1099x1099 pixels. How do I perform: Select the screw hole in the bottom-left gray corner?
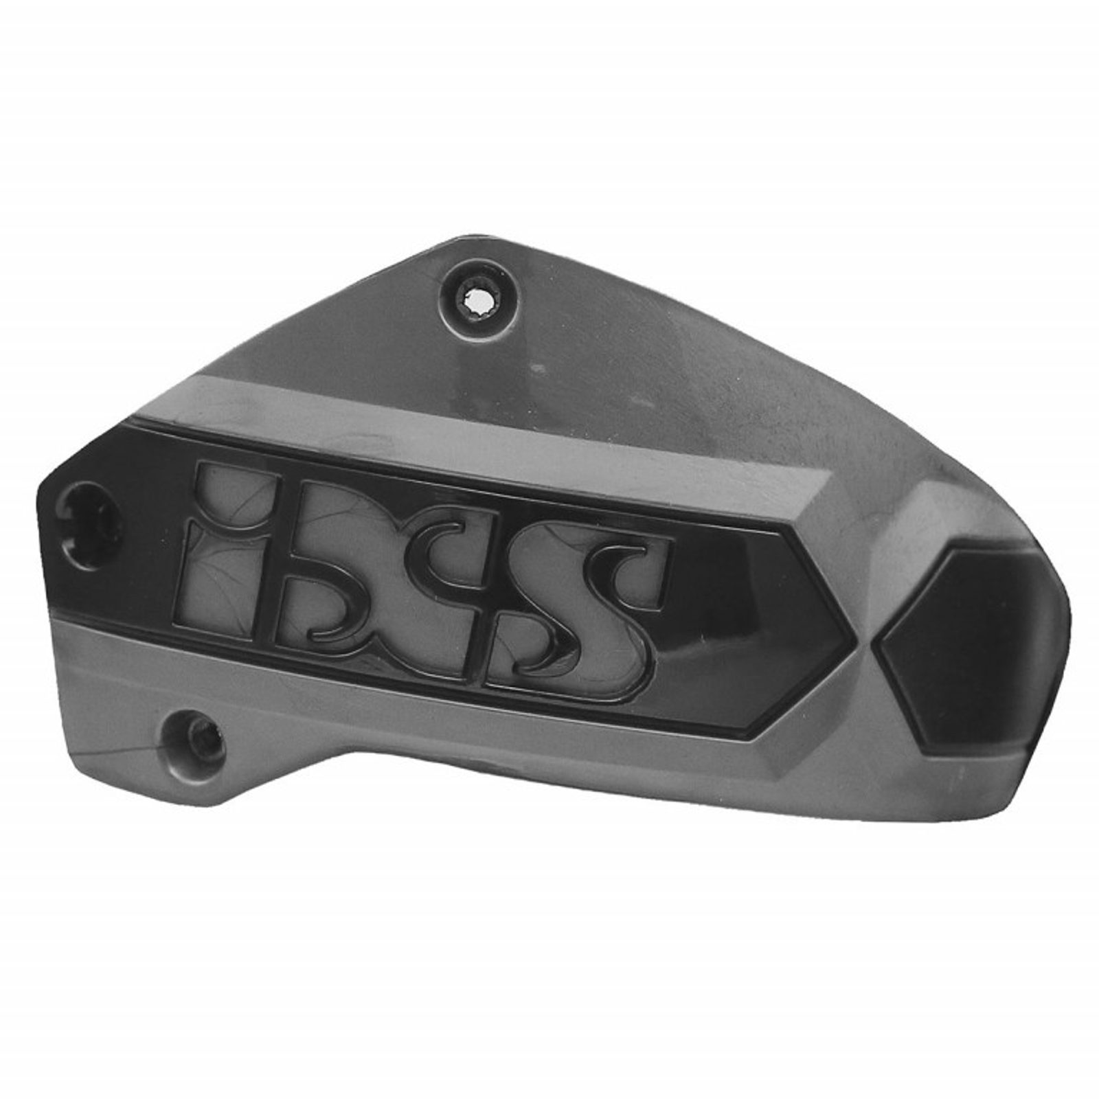point(194,741)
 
